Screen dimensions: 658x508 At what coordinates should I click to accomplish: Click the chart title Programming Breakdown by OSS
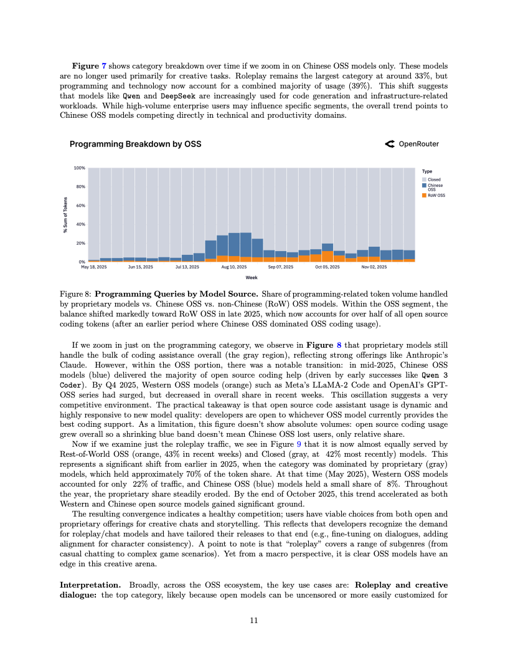click(135, 144)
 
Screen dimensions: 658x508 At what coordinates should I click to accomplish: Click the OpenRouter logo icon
click(390, 144)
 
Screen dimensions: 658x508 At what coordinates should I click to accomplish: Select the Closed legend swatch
click(425, 179)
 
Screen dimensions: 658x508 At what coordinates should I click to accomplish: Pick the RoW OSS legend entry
click(436, 195)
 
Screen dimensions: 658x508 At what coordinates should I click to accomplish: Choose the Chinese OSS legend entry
click(435, 187)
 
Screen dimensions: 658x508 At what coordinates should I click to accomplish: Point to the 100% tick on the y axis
click(80, 168)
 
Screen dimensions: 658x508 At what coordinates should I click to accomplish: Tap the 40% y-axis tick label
click(81, 224)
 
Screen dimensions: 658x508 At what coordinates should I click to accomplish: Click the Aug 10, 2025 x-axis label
click(234, 267)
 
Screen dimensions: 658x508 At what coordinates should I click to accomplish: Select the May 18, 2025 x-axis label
click(94, 267)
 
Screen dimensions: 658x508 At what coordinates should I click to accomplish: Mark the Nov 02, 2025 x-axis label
click(374, 267)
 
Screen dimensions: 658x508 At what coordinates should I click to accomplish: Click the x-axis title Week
click(252, 277)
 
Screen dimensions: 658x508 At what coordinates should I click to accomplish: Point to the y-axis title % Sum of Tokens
click(65, 215)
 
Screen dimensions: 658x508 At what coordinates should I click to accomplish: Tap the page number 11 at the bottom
click(253, 621)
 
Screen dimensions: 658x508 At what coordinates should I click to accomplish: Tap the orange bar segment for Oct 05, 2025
click(327, 256)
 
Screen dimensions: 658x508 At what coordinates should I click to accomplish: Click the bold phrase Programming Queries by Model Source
click(176, 293)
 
